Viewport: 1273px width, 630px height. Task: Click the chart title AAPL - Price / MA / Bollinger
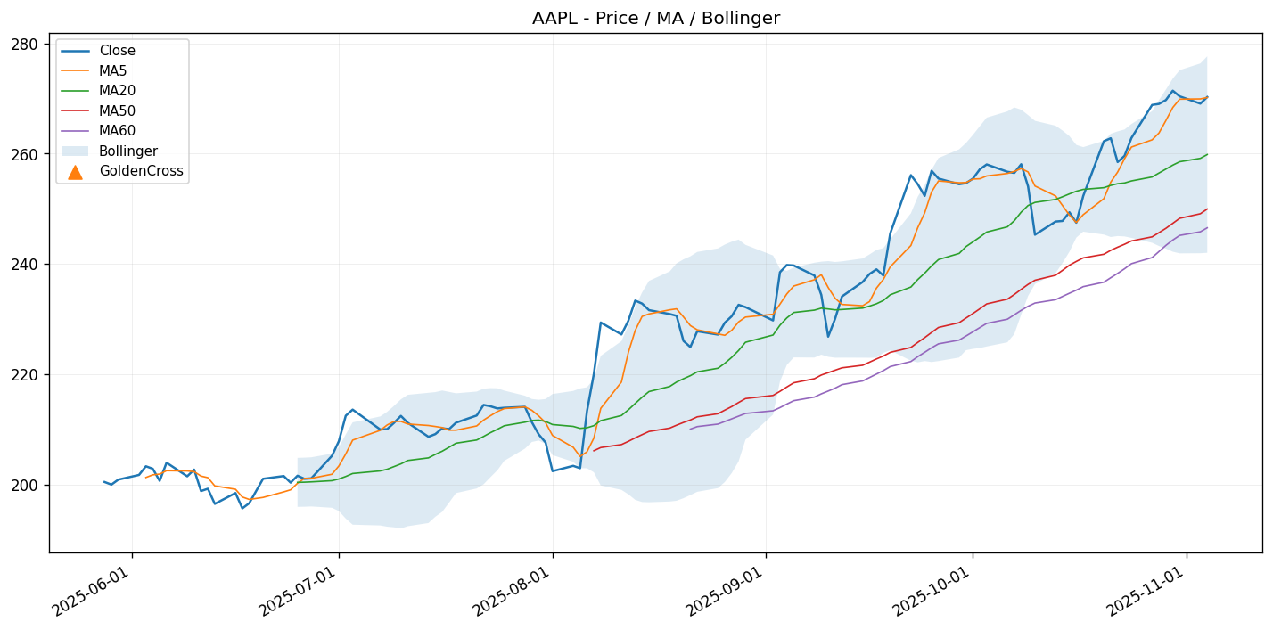tap(655, 18)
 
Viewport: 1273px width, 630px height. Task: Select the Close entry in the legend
tap(117, 51)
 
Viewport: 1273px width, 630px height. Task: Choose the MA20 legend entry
tap(118, 91)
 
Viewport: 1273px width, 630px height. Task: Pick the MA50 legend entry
tap(118, 111)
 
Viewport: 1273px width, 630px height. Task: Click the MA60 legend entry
tap(118, 131)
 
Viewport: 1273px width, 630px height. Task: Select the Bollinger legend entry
tap(125, 151)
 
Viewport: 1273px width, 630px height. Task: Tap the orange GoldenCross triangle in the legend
tap(75, 172)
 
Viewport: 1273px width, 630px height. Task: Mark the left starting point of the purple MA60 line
tap(689, 429)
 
